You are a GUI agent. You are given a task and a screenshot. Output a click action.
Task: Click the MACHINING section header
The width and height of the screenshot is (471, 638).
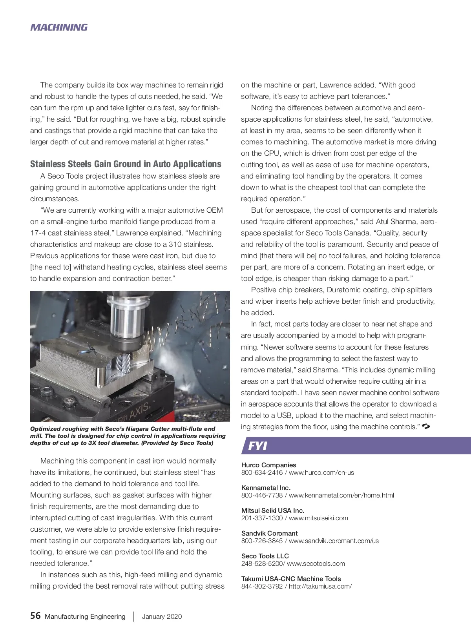tap(59, 27)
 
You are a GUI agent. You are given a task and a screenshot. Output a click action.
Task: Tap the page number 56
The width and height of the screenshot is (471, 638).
tap(35, 616)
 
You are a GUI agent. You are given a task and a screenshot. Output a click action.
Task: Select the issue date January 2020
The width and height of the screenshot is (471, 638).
tap(162, 616)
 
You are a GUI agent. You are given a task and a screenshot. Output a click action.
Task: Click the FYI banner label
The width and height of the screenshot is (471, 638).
tap(257, 446)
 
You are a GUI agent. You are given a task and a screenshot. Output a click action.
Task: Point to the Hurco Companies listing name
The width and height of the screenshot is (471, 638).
tap(268, 465)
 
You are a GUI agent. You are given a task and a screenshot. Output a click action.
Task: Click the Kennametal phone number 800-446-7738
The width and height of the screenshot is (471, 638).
tap(262, 495)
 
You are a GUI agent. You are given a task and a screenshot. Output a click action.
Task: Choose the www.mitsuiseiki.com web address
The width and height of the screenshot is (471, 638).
tap(318, 518)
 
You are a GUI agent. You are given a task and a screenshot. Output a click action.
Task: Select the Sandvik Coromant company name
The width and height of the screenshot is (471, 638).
tap(269, 533)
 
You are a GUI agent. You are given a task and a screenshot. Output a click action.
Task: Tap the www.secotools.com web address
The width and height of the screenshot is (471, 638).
tap(316, 563)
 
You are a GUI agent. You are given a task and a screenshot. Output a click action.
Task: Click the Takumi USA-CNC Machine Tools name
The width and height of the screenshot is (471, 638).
tap(291, 579)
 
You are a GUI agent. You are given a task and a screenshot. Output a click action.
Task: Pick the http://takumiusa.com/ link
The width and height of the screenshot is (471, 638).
tap(320, 586)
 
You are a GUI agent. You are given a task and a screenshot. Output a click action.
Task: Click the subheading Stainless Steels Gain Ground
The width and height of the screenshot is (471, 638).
tap(126, 164)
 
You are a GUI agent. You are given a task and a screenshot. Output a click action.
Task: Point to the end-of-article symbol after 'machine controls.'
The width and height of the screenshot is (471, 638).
tap(426, 426)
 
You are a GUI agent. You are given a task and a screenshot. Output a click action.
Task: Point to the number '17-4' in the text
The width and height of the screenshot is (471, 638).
tap(38, 233)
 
